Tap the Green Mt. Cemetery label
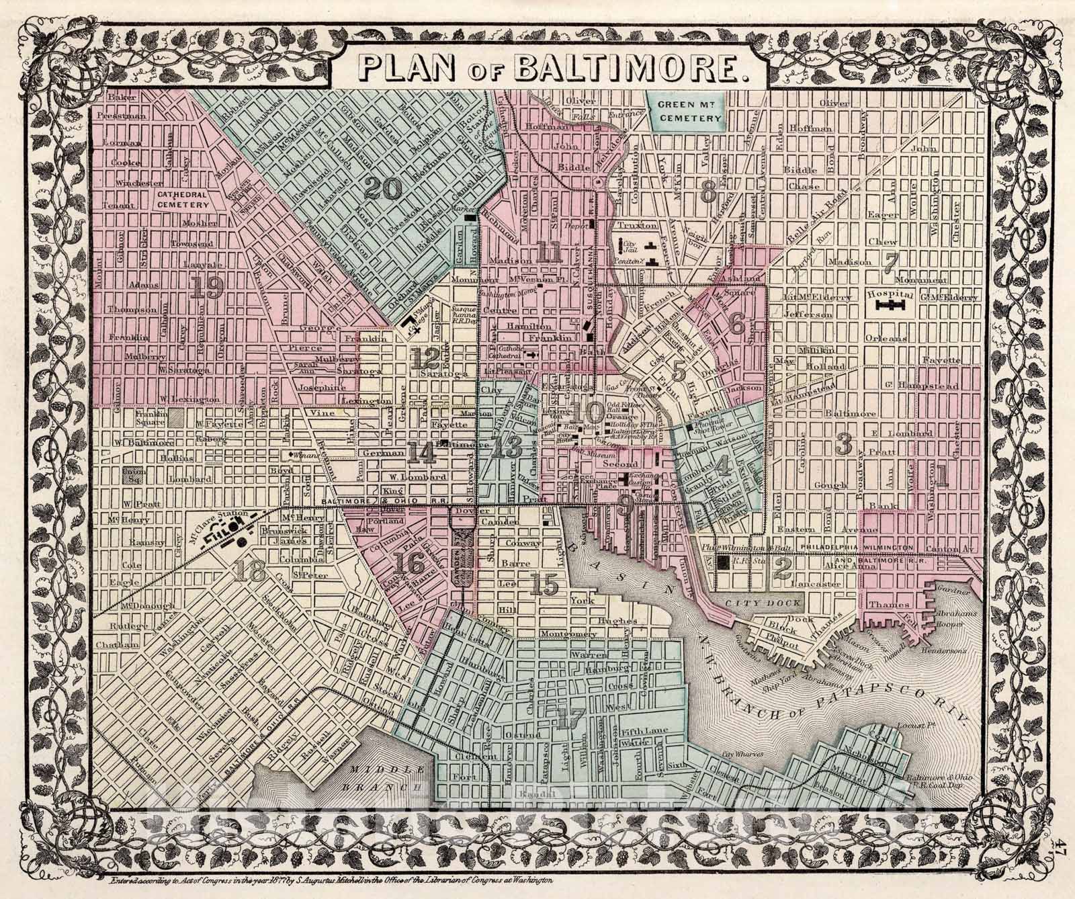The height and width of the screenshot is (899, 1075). pos(686,110)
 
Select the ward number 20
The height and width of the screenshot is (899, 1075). pos(384,188)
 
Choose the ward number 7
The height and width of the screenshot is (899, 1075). pos(891,262)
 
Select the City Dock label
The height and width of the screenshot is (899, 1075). pos(746,603)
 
